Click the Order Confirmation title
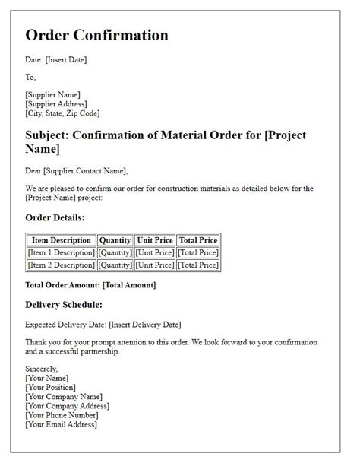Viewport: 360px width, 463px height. pyautogui.click(x=96, y=36)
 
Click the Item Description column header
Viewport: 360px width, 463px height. pyautogui.click(x=62, y=240)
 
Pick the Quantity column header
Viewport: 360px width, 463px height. pyautogui.click(x=115, y=240)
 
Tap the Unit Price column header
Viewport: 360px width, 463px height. pyautogui.click(x=155, y=240)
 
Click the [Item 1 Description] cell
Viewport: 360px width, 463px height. pyautogui.click(x=62, y=252)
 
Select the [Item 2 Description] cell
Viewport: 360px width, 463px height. pyautogui.click(x=62, y=265)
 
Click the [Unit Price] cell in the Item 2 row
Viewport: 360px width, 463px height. pyautogui.click(x=155, y=265)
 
